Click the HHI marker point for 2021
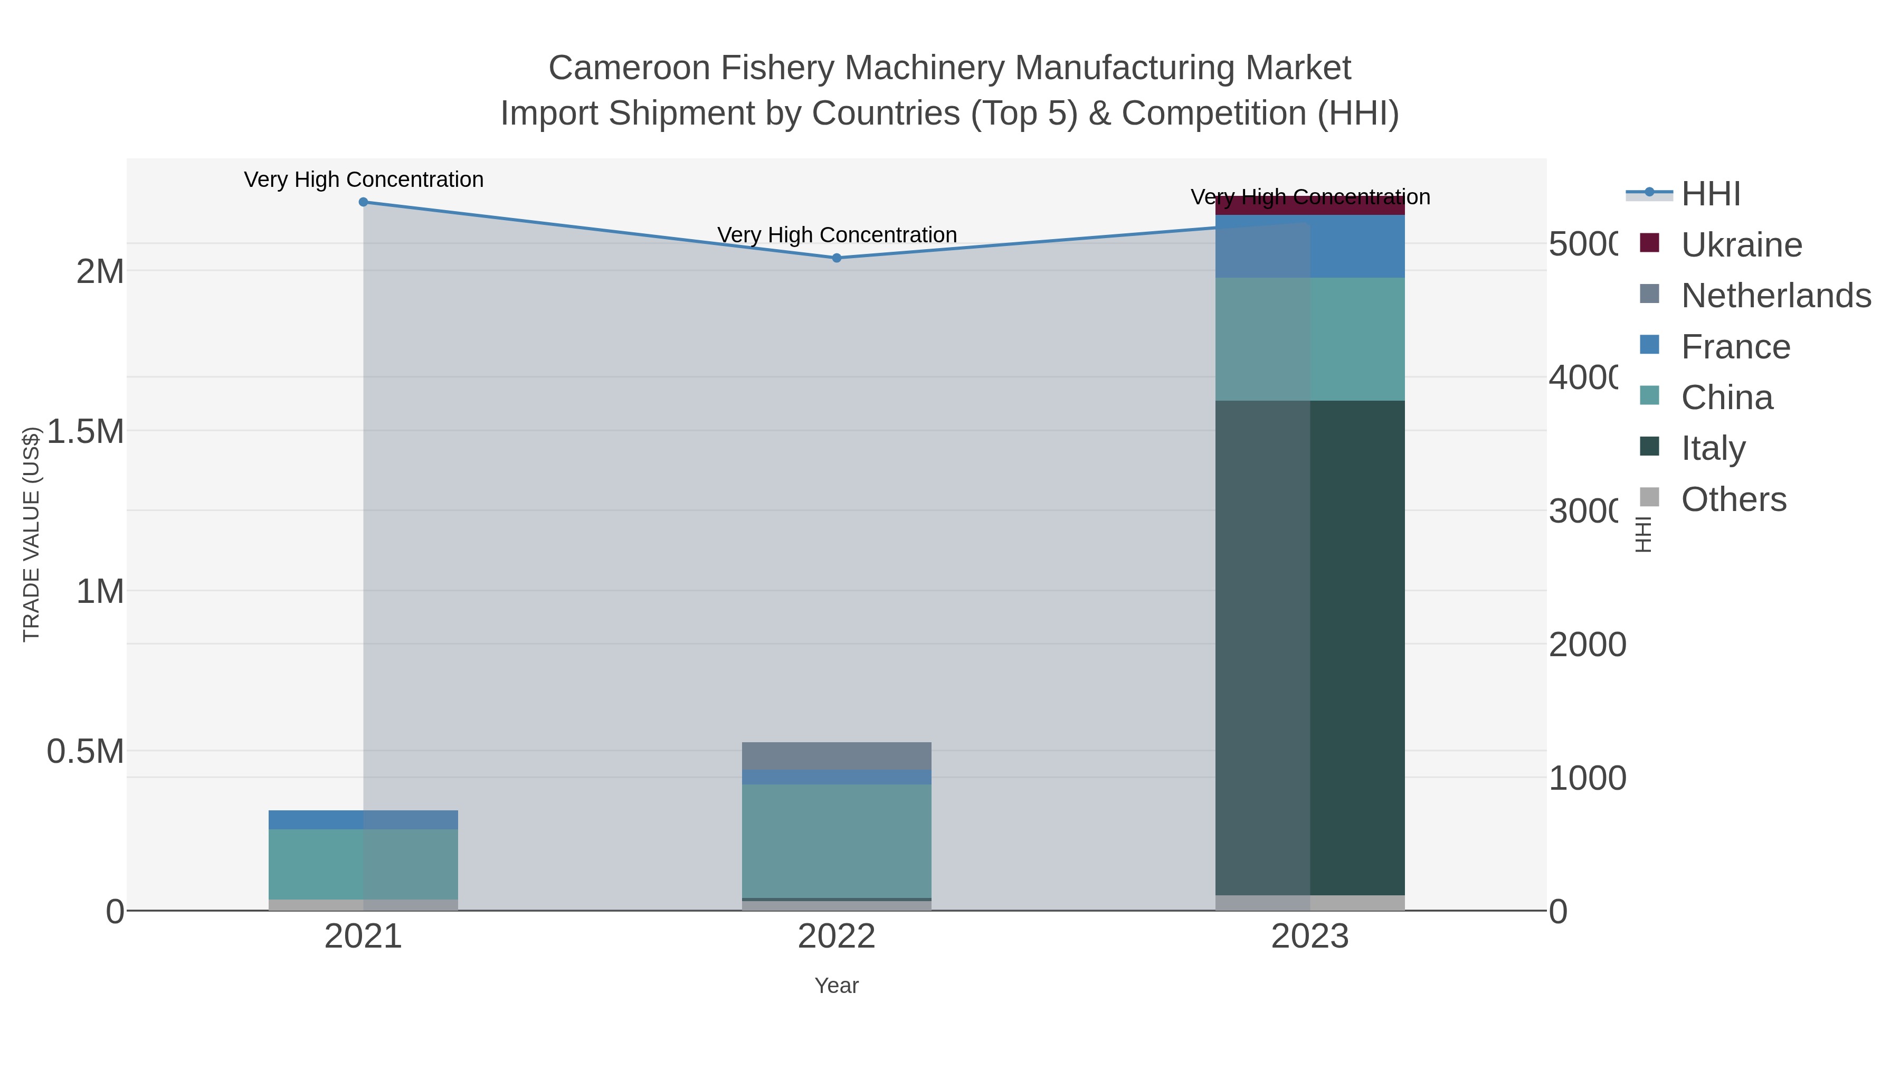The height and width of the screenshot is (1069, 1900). pos(363,202)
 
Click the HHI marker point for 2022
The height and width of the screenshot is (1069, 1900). pos(837,258)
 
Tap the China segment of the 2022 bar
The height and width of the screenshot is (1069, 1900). pos(837,841)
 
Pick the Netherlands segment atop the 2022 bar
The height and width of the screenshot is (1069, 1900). pos(837,756)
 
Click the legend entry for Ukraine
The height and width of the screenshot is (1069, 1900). pos(1741,245)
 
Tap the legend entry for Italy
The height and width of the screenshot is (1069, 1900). pos(1713,448)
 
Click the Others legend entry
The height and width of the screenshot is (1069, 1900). pos(1733,499)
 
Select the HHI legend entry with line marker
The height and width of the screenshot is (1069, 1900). pos(1709,194)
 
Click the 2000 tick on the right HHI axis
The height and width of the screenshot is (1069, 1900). pos(1586,645)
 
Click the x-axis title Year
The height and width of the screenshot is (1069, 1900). pos(837,986)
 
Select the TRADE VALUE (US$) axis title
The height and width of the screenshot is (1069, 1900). pos(31,534)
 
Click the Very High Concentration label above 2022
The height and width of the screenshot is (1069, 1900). pos(837,234)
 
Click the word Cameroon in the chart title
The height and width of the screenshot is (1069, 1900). pos(629,69)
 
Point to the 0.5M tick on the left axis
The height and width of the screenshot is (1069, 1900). pos(85,752)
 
